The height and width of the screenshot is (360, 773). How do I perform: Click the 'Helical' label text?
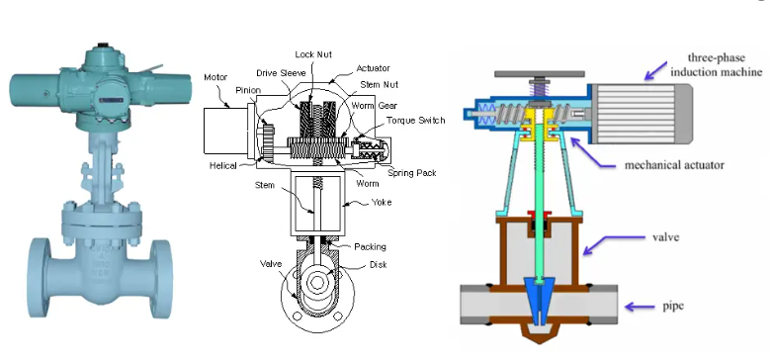click(223, 166)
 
